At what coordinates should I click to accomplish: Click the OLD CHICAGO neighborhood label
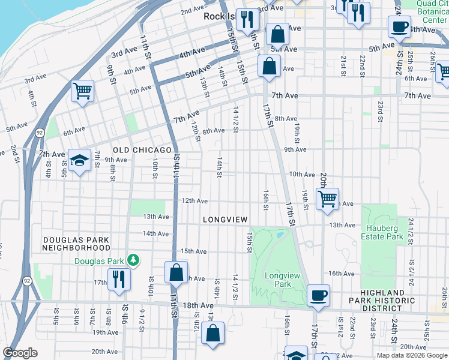pos(142,149)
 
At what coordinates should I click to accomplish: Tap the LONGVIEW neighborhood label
pos(225,220)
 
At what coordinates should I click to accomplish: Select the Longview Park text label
pos(278,280)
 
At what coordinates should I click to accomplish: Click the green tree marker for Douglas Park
pos(133,260)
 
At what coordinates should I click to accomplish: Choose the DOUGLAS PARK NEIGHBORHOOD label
pos(76,243)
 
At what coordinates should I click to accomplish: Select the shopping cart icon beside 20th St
pos(327,197)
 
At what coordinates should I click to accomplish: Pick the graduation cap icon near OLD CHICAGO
pos(79,160)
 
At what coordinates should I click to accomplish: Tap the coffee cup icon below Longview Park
pos(318,295)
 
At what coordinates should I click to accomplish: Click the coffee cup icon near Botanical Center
pos(399,26)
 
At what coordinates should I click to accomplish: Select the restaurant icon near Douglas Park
pos(118,278)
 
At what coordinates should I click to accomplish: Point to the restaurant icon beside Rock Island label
pos(247,20)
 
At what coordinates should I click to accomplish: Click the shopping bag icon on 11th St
pos(176,272)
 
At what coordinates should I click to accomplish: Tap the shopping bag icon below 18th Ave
pos(212,333)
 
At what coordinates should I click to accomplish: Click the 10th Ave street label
pos(302,174)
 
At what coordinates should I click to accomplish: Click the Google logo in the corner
pos(20,353)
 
